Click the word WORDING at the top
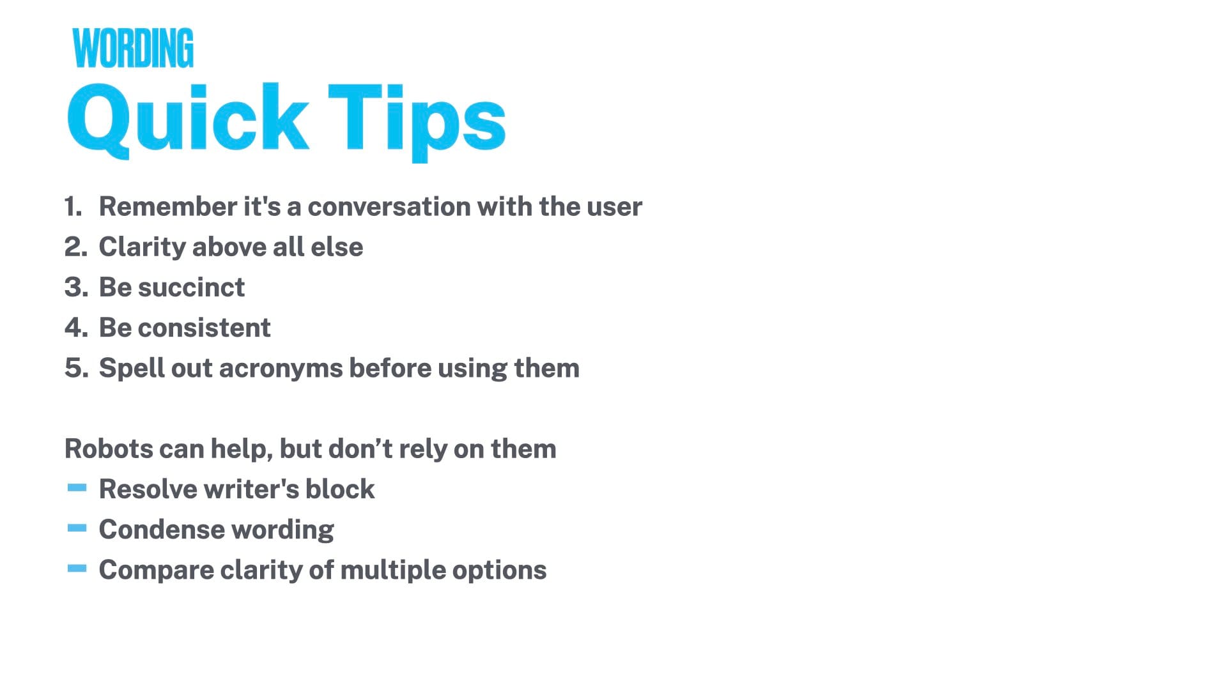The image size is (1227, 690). (x=133, y=48)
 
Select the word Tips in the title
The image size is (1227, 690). (x=417, y=122)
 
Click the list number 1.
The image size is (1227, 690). (x=73, y=206)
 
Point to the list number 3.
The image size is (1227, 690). (x=76, y=287)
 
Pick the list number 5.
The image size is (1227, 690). (x=76, y=368)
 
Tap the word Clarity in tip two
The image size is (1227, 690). (x=142, y=248)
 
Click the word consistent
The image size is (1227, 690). (x=204, y=328)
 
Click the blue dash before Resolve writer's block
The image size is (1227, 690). (x=77, y=489)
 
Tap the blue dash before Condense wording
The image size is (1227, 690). (x=77, y=528)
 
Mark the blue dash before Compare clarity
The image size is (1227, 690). (x=77, y=569)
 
